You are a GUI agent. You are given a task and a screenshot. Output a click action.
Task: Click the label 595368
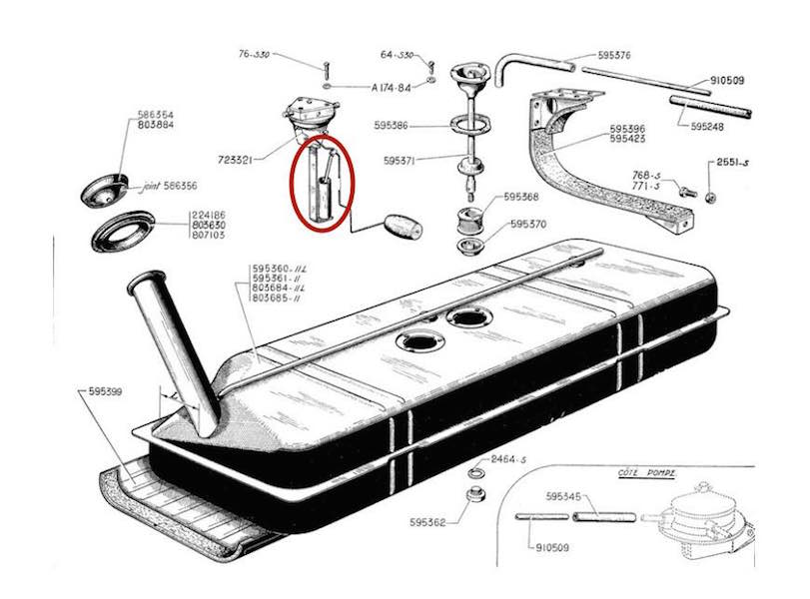pos(521,197)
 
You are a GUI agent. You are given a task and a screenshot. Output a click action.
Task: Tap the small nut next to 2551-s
pos(709,195)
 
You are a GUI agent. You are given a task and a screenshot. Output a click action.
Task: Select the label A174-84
pos(392,87)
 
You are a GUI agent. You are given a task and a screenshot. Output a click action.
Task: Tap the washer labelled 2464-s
pos(476,469)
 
